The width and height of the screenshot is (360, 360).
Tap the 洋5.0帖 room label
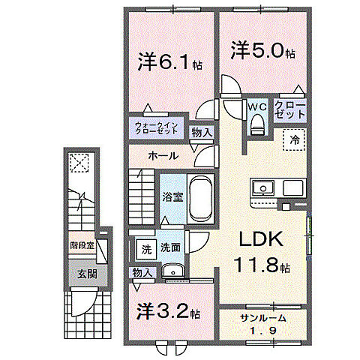click(262, 52)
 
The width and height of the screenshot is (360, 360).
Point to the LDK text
click(260, 239)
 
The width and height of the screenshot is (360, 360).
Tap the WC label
click(257, 106)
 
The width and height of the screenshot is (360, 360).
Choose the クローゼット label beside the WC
click(290, 109)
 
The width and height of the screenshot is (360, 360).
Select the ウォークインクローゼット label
click(157, 127)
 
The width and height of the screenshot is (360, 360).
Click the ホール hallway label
click(163, 156)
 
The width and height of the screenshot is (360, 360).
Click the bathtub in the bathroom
click(199, 196)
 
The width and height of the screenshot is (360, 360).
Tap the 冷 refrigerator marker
click(295, 139)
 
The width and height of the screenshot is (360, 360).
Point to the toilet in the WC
click(257, 125)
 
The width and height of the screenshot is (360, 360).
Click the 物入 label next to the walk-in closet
click(201, 132)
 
